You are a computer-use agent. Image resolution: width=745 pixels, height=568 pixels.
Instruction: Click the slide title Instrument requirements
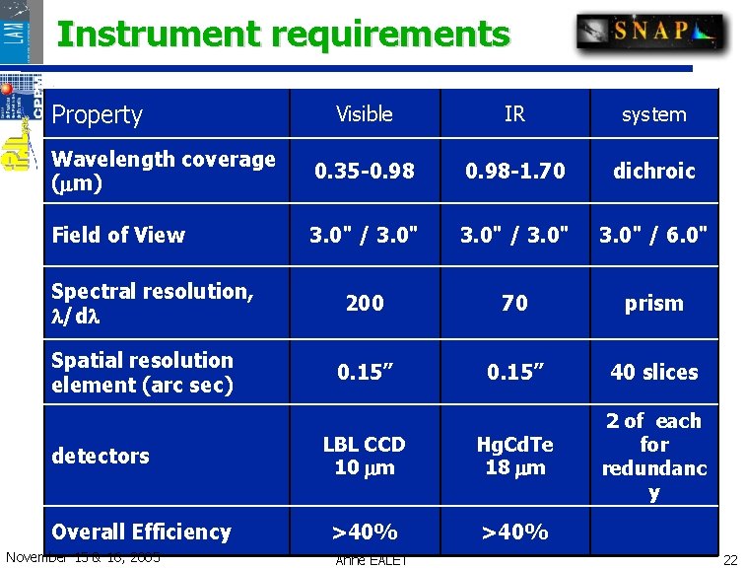tap(283, 35)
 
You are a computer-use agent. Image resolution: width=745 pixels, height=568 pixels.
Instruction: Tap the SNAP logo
tap(650, 32)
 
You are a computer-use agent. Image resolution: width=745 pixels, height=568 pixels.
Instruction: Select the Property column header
tap(98, 114)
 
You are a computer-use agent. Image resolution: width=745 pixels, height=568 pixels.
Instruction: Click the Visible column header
tap(365, 114)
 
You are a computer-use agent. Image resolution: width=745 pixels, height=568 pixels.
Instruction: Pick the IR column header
tap(514, 114)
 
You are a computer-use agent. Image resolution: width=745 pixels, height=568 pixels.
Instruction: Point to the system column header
tap(653, 114)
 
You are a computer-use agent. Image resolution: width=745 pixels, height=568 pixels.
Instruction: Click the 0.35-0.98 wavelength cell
tap(365, 171)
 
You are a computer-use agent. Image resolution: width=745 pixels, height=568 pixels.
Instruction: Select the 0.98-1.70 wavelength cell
tap(514, 171)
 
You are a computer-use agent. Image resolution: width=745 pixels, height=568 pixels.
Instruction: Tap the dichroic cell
tap(653, 171)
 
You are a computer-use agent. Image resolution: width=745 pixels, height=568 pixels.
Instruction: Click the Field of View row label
tap(118, 235)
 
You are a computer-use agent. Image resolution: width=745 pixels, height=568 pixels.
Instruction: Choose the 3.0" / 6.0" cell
tap(653, 235)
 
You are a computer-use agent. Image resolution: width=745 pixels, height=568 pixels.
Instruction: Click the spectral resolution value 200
tap(365, 303)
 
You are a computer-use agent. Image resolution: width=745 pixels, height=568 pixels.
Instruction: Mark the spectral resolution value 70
tap(514, 303)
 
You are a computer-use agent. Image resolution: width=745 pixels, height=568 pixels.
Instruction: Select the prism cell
tap(653, 303)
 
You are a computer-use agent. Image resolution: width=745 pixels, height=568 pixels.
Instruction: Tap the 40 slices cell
tap(653, 372)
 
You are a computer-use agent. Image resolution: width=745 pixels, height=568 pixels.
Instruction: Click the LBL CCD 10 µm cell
tap(365, 456)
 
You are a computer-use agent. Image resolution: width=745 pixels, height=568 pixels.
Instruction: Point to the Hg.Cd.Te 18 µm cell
tap(514, 456)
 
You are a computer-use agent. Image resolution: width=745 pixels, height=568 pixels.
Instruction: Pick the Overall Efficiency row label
tap(141, 532)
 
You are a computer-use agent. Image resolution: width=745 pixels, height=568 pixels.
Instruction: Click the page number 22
tap(729, 559)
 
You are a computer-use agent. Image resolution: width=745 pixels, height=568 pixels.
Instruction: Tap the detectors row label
tap(101, 456)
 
